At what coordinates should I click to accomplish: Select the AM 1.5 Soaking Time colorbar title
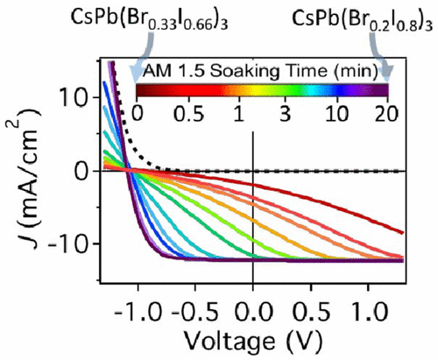(x=260, y=69)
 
